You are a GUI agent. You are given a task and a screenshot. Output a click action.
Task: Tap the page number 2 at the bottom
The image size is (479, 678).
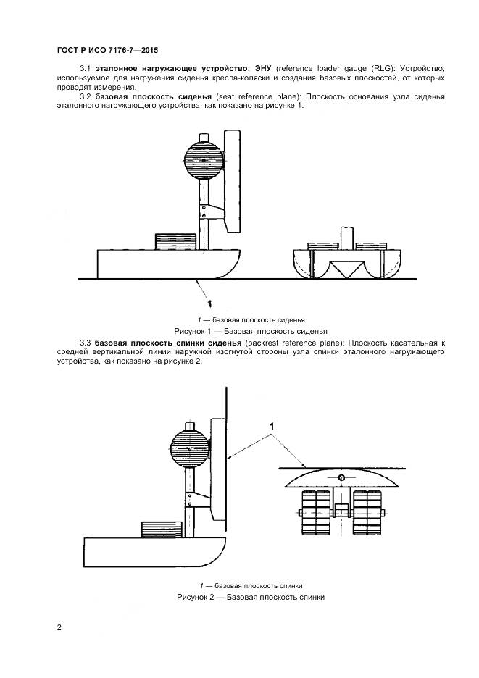click(x=59, y=627)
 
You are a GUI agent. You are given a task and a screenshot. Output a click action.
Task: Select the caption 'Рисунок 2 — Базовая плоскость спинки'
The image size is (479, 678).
click(x=251, y=598)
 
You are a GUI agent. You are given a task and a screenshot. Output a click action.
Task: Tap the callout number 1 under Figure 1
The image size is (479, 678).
click(x=209, y=303)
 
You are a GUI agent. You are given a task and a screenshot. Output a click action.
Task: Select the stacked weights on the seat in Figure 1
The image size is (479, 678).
click(x=176, y=240)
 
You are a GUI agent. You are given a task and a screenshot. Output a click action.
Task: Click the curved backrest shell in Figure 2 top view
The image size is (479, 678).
click(x=340, y=480)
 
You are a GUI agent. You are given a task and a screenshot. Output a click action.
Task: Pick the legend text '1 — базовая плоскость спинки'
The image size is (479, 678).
click(x=251, y=585)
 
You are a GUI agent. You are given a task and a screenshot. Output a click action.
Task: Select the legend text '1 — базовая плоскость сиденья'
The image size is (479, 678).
click(x=251, y=319)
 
